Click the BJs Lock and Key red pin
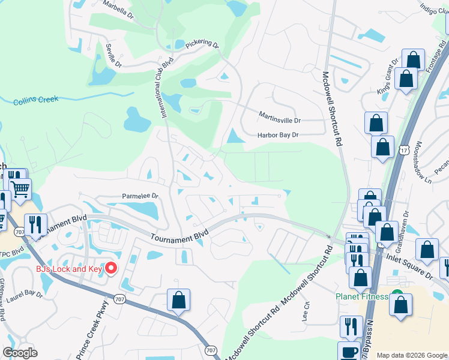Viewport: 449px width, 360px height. [x=112, y=268]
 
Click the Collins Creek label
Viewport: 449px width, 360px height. [x=35, y=100]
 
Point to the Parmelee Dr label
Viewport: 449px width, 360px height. [x=140, y=196]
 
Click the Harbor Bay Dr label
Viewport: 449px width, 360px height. [x=278, y=135]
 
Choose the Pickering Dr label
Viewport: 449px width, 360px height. [x=202, y=44]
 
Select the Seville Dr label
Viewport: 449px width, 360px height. [x=113, y=56]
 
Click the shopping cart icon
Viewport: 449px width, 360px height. [x=20, y=189]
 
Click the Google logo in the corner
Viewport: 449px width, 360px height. [x=20, y=353]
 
